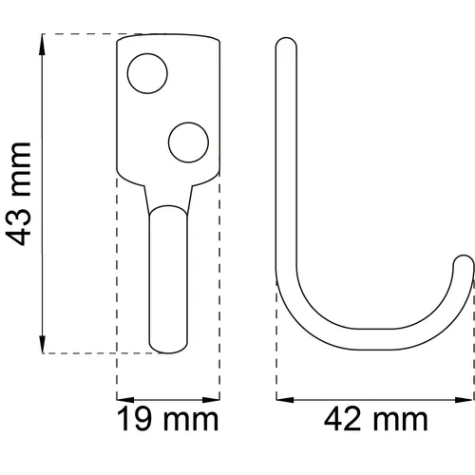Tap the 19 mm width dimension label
(167, 418)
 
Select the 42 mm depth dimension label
(375, 418)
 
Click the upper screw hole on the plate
(146, 74)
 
